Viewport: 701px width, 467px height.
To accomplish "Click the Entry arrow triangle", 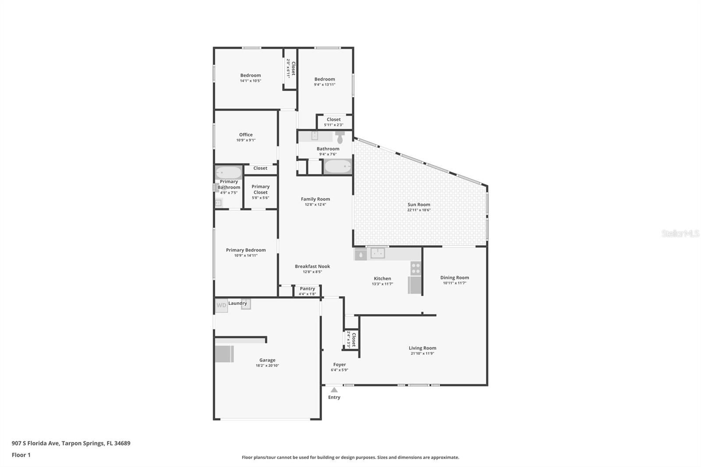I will click(x=334, y=390).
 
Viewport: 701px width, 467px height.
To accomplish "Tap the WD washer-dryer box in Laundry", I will click(x=221, y=305).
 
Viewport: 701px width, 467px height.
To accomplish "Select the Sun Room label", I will click(x=419, y=205).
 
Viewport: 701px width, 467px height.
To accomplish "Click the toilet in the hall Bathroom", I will click(x=340, y=137).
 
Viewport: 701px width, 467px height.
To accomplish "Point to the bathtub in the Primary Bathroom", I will click(x=228, y=173).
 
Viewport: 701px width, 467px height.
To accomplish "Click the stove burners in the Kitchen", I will click(x=415, y=269).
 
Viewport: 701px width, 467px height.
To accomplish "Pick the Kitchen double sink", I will click(x=377, y=253).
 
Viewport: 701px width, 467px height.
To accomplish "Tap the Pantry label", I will click(x=307, y=289).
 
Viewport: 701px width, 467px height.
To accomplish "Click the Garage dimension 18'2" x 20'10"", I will click(x=267, y=366).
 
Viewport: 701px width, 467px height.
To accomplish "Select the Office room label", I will click(x=246, y=135).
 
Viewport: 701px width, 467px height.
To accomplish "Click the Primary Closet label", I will click(x=260, y=189).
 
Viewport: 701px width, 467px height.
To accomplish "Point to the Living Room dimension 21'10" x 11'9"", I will click(x=422, y=354).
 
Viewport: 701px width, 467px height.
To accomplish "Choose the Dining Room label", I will click(x=454, y=278).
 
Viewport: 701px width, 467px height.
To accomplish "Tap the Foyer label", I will click(x=339, y=364).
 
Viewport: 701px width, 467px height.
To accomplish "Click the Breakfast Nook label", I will click(x=312, y=266).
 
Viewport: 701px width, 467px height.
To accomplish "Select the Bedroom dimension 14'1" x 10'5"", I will click(x=251, y=81).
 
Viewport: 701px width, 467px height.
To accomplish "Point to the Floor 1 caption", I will click(x=21, y=455).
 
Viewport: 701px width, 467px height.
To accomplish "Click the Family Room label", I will click(x=315, y=199).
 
